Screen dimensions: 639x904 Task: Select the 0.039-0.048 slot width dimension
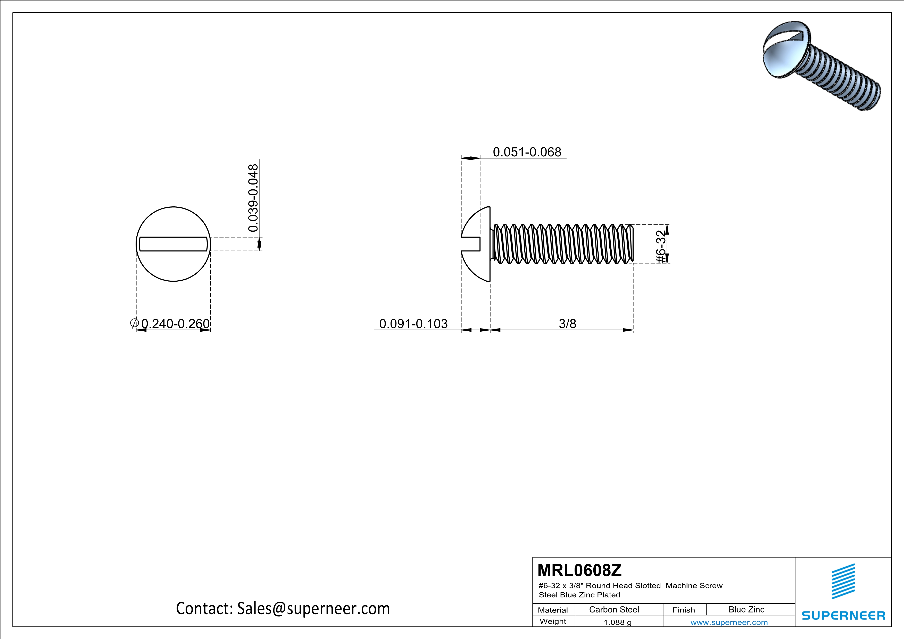(253, 198)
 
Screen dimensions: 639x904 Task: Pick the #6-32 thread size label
(661, 246)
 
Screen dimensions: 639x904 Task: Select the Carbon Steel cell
(614, 609)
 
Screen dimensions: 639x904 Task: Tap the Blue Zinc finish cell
(746, 609)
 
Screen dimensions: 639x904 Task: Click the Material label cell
(553, 610)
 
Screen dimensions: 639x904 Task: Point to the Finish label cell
(684, 610)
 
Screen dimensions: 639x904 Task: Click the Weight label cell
(553, 621)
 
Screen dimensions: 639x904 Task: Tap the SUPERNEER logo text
(843, 615)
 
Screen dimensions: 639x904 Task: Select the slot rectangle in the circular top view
(173, 244)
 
